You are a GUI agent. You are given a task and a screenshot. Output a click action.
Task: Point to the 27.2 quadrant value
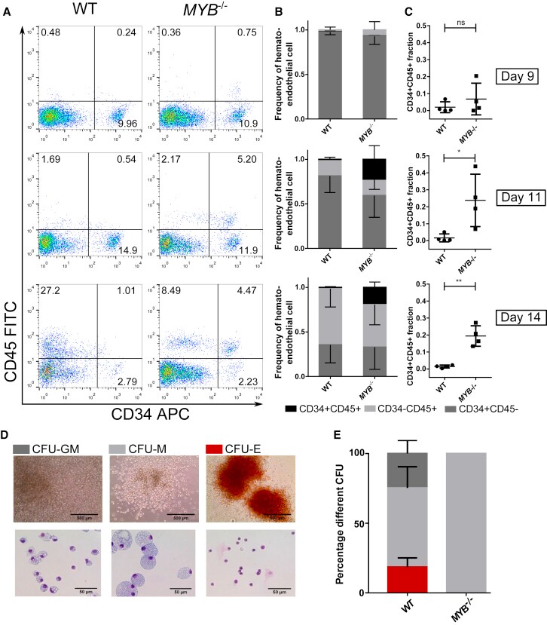click(x=51, y=288)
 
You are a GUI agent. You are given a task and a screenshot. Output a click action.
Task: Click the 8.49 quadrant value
click(x=171, y=288)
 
